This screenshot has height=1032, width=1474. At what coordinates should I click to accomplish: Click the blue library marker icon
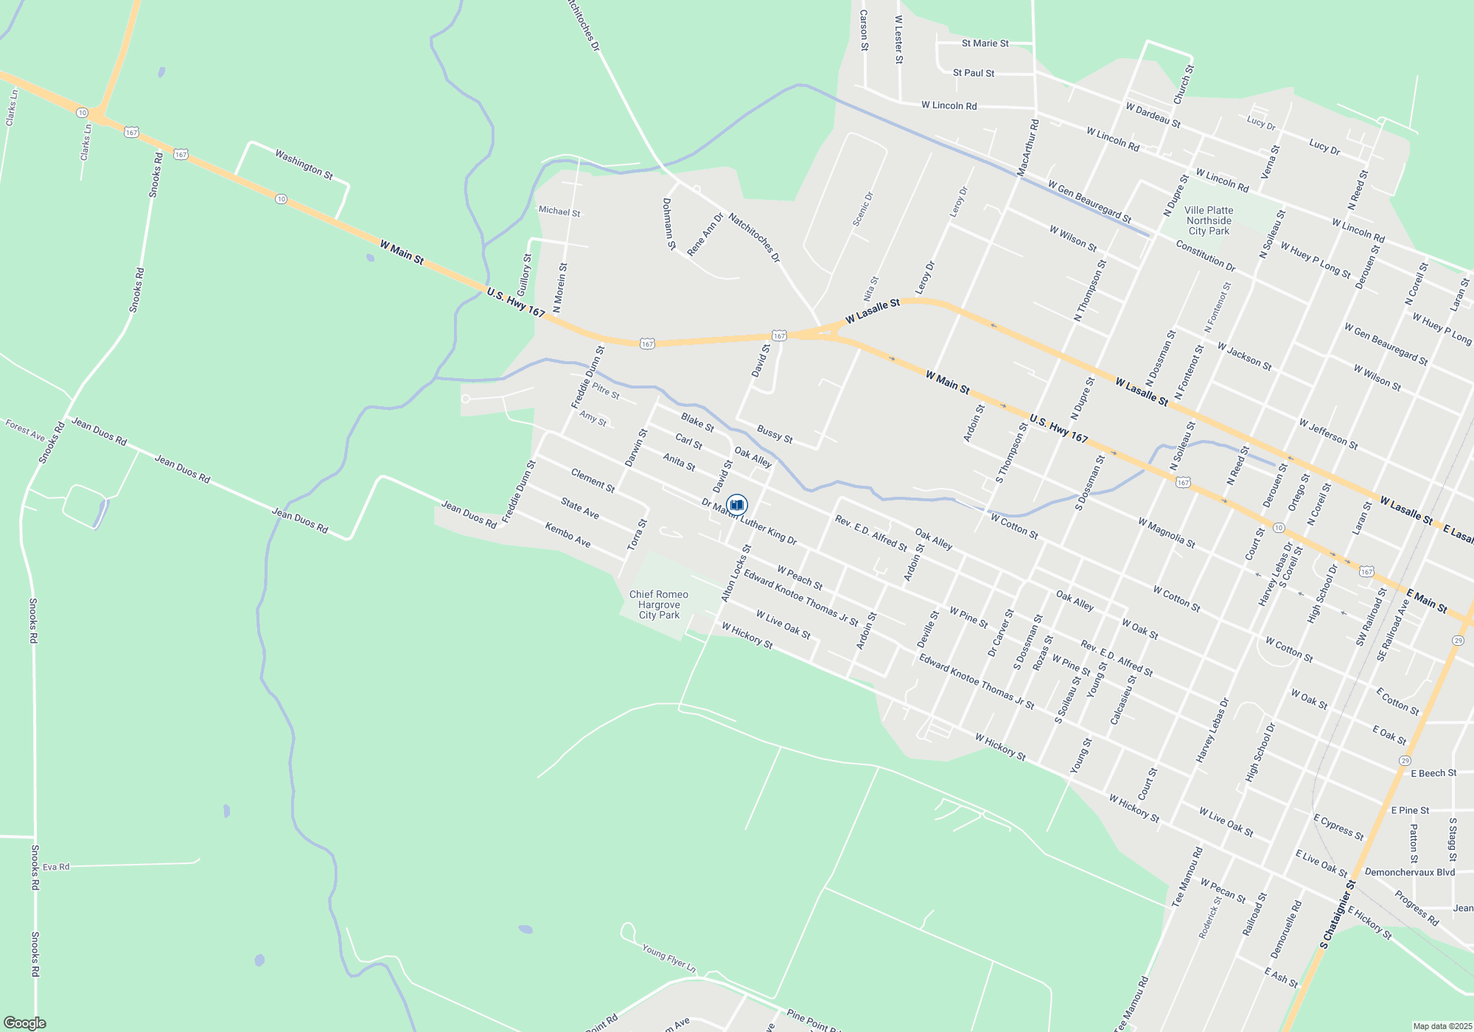click(x=736, y=504)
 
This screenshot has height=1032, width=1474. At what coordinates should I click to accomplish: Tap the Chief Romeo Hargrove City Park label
click(x=659, y=604)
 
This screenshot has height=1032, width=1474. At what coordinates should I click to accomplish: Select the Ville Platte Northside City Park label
click(x=1209, y=220)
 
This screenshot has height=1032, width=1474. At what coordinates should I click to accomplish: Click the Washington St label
click(x=304, y=164)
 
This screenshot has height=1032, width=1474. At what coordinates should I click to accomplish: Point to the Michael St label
click(x=559, y=212)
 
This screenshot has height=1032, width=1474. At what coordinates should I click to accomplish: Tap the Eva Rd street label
click(x=56, y=867)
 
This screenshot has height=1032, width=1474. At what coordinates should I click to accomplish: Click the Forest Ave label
click(x=25, y=429)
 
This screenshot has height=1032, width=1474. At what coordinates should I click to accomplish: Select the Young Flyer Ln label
click(x=668, y=957)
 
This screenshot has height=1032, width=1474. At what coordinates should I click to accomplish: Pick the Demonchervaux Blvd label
click(x=1409, y=872)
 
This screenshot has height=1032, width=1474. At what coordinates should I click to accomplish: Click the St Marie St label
click(x=985, y=43)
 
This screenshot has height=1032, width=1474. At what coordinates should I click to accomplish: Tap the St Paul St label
click(x=973, y=73)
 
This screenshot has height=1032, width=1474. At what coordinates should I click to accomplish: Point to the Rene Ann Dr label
click(x=705, y=234)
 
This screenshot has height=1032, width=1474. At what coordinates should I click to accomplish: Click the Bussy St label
click(x=775, y=434)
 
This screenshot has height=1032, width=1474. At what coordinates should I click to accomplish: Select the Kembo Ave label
click(x=567, y=534)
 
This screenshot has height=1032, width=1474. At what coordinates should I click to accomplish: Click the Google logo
click(x=24, y=1023)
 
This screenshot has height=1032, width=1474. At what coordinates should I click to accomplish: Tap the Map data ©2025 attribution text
click(x=1442, y=1026)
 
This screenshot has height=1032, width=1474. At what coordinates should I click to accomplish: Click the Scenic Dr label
click(x=863, y=209)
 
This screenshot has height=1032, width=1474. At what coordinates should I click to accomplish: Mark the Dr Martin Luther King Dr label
click(x=749, y=521)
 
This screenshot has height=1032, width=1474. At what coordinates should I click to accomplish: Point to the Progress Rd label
click(x=1416, y=908)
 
